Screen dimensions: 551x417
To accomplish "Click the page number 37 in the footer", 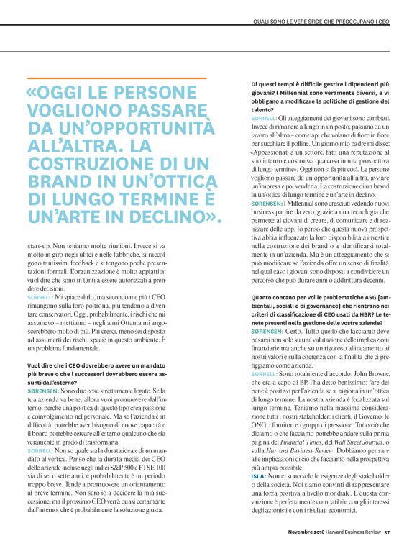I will pyautogui.click(x=387, y=532).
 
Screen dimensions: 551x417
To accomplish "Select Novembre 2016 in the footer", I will pyautogui.click(x=292, y=532).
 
